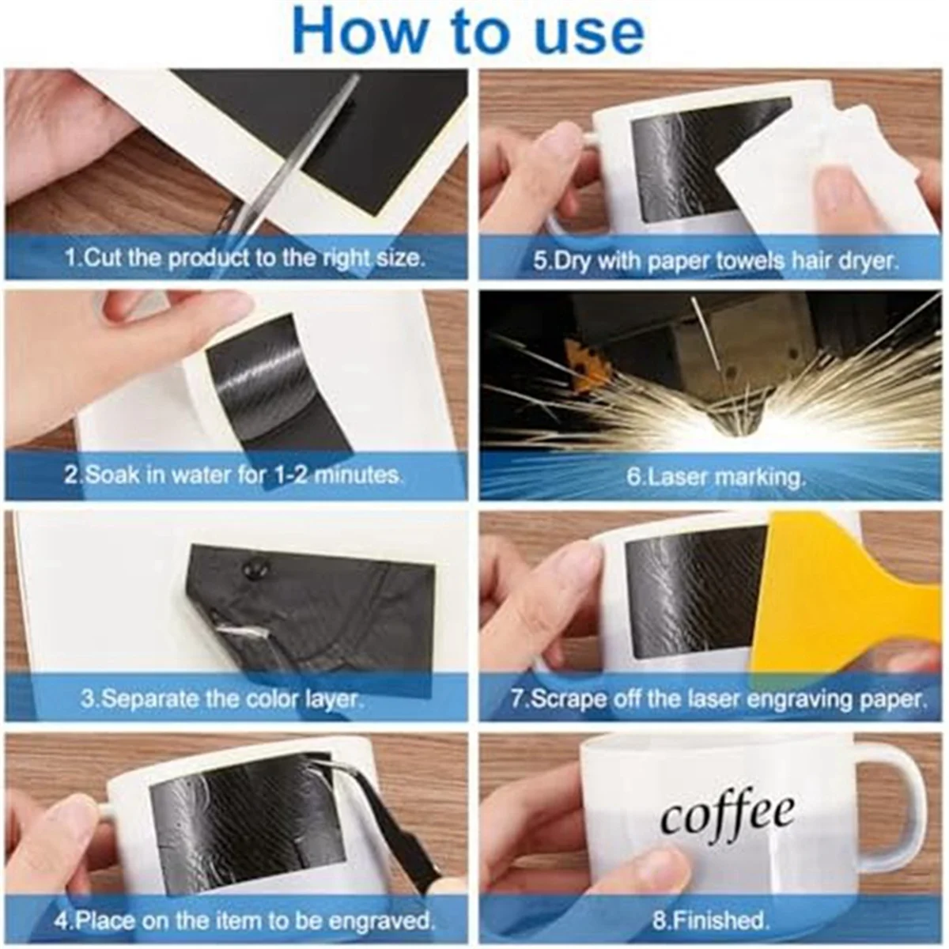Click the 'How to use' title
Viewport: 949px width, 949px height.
coord(468,32)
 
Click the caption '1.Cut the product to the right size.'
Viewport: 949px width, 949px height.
coord(244,258)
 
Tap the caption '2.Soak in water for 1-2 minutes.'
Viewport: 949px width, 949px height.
coord(233,475)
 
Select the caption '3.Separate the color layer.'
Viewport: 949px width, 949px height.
coord(222,699)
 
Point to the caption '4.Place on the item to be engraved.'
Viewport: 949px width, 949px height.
coord(244,921)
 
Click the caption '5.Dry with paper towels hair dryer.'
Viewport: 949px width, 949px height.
coord(715,261)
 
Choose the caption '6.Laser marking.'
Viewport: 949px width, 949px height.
coord(715,477)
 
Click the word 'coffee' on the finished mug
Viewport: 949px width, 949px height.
coord(728,815)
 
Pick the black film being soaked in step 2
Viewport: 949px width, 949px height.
coord(261,380)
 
